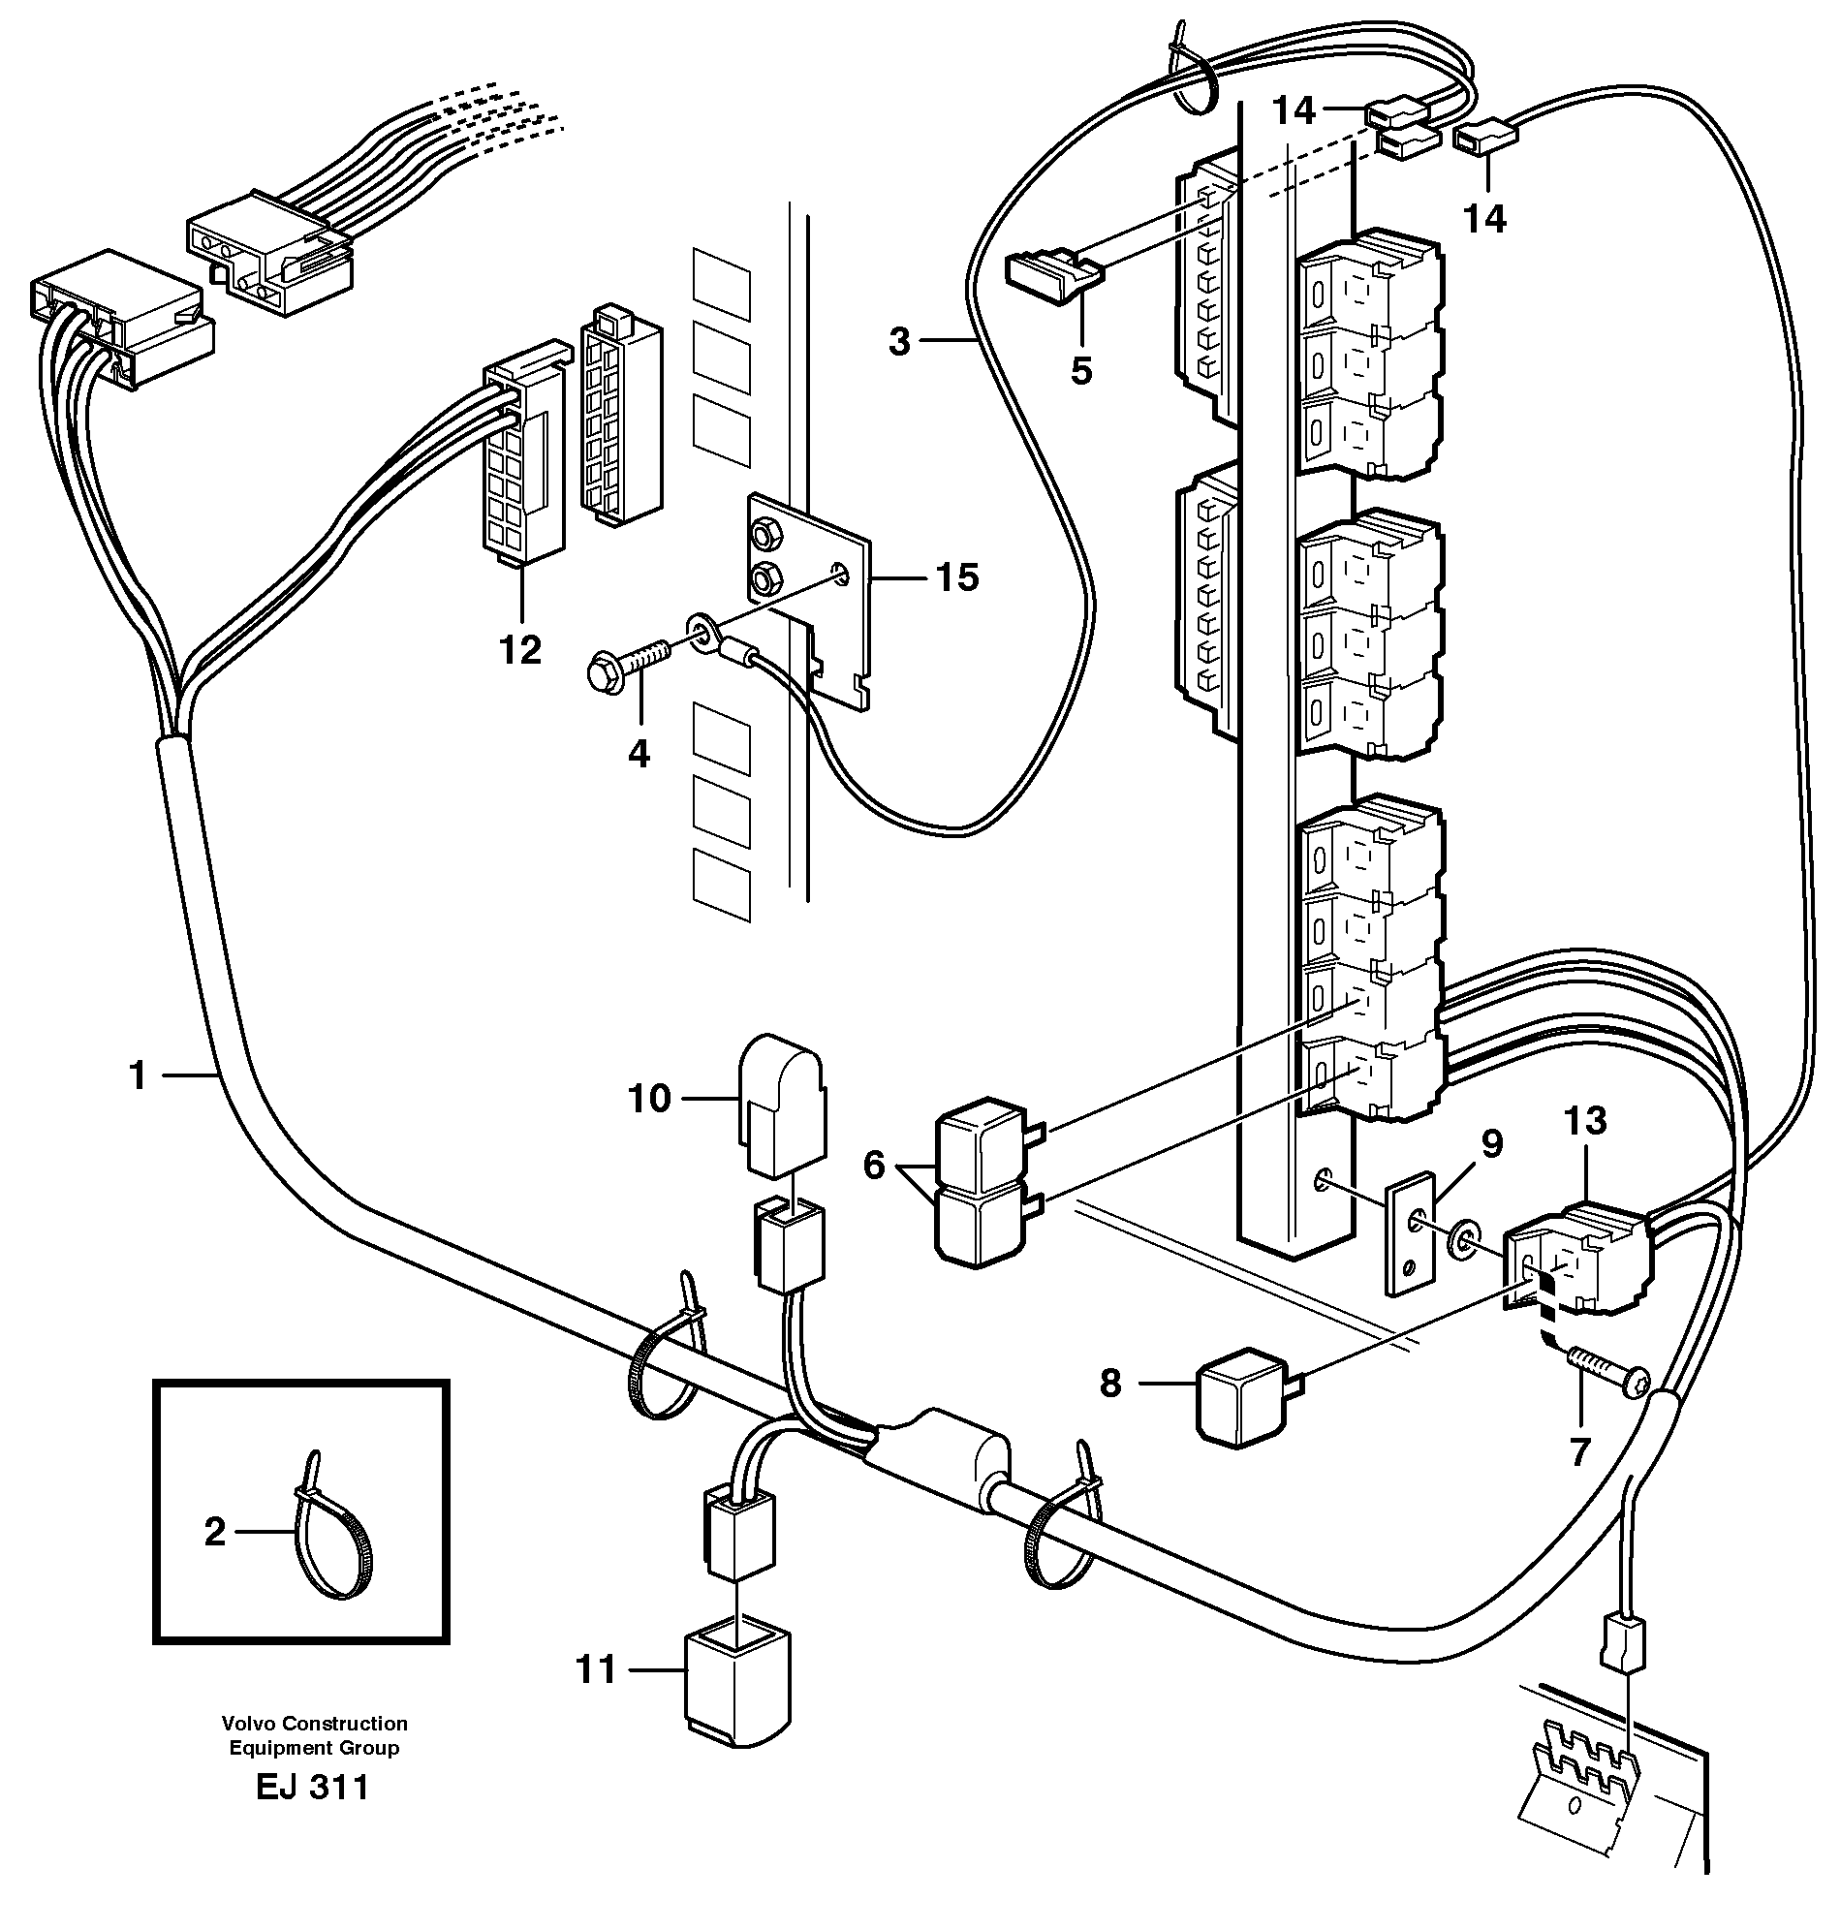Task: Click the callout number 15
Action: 956,577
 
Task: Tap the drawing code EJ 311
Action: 312,1787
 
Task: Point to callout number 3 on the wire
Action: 899,342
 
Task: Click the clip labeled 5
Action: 1052,278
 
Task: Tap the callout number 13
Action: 1585,1120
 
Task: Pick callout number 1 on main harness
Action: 138,1075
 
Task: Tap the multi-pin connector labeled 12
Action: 524,466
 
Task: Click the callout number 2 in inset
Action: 215,1531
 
